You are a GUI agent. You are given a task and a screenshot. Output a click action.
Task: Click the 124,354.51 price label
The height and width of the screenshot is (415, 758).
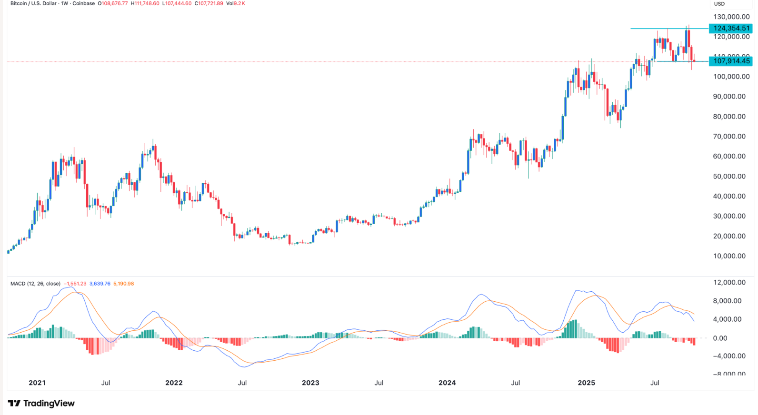731,29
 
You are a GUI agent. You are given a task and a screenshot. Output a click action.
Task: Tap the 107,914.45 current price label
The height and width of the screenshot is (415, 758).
731,61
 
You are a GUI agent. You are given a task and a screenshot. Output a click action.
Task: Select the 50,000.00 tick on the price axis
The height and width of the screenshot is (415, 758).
729,177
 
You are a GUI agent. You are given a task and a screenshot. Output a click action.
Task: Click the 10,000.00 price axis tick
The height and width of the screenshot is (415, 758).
729,256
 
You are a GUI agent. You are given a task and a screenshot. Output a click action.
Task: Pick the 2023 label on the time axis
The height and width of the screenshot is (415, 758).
310,383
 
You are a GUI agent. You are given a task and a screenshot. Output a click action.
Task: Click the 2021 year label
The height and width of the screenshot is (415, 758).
37,383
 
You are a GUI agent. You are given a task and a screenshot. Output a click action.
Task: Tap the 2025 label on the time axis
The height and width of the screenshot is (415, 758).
586,383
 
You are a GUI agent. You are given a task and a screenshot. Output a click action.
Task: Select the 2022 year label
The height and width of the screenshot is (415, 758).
174,383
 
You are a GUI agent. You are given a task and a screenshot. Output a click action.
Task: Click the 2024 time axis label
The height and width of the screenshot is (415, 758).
447,383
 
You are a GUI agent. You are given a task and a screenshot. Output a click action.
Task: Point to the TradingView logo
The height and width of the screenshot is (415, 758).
41,404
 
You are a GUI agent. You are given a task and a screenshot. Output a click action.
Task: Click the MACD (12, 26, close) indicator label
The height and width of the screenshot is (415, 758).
35,284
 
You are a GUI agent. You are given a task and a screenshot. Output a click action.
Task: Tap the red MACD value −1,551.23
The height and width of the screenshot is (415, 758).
75,284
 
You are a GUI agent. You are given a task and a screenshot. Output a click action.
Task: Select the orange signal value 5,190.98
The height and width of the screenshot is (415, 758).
123,284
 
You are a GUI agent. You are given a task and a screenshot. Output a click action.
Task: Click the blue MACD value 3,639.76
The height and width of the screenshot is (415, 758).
100,284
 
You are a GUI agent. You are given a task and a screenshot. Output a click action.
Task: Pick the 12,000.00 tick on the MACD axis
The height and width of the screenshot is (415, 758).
729,283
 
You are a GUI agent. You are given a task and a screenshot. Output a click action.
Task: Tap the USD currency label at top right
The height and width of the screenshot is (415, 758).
719,4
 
